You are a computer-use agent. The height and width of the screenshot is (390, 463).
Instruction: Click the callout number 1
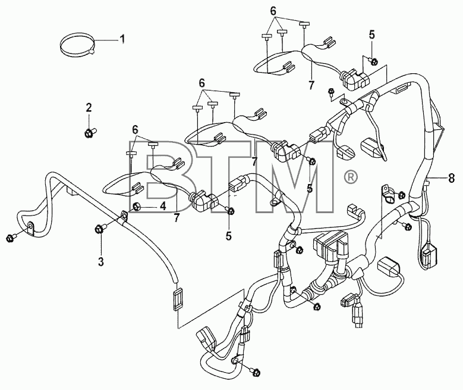point(122,39)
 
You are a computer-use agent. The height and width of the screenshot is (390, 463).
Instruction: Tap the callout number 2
point(89,108)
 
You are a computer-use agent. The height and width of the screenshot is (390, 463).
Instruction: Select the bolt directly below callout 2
point(91,132)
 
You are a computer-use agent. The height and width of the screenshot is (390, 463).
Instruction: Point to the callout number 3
point(101,261)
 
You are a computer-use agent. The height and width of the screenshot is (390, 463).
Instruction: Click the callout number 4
point(162,206)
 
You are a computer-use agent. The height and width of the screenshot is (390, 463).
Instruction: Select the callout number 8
point(451,178)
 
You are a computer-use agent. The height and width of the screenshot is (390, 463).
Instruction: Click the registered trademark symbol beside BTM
point(351,177)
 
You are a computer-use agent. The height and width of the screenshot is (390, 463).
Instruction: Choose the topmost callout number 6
point(273,11)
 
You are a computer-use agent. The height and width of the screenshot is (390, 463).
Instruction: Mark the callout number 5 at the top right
point(371,35)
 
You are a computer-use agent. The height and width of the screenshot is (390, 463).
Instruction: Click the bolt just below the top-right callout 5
point(373,61)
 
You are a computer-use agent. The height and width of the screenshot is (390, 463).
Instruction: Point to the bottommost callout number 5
point(229,236)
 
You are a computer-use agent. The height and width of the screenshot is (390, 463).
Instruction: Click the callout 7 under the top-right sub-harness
point(311,85)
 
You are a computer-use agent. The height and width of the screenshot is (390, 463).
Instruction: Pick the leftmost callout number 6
point(135,129)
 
